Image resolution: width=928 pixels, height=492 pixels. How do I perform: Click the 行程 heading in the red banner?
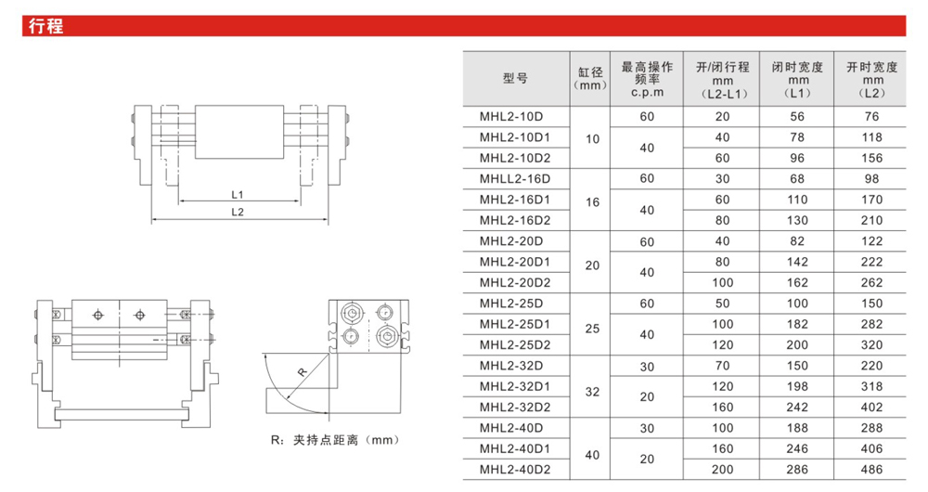[45, 26]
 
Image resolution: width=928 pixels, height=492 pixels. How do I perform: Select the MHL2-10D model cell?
[511, 116]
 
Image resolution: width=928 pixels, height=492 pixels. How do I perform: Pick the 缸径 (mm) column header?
[590, 79]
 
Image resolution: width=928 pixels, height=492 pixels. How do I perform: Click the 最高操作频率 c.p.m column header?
[646, 79]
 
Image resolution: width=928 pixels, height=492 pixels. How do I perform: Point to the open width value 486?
[870, 470]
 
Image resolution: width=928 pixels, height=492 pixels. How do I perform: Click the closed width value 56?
[796, 116]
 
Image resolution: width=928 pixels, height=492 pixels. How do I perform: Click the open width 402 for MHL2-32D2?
[870, 408]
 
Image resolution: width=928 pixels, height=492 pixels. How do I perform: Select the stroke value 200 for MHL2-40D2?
[721, 470]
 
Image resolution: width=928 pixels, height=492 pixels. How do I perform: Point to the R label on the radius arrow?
[302, 371]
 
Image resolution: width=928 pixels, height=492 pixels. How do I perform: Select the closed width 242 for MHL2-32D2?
[796, 408]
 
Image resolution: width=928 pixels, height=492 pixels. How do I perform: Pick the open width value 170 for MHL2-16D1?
[870, 199]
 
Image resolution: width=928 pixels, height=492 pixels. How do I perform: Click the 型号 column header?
[515, 79]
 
